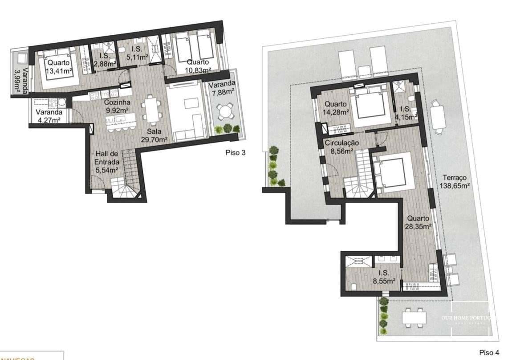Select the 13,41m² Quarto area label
tap(59, 66)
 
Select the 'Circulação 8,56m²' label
tap(341, 147)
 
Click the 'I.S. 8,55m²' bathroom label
tap(384, 277)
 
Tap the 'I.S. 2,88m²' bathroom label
tap(105, 60)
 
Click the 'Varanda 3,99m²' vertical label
tap(20, 80)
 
